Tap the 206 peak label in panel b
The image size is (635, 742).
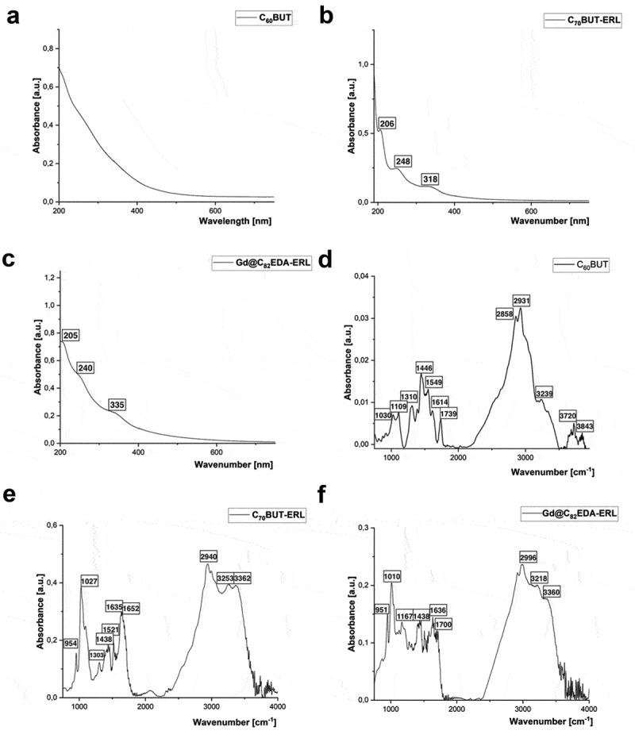click(387, 124)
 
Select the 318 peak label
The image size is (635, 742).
click(430, 179)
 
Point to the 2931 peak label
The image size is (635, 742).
click(521, 301)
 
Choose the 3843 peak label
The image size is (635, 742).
click(584, 427)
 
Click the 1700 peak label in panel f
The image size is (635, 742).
click(443, 625)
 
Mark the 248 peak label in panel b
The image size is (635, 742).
click(404, 161)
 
